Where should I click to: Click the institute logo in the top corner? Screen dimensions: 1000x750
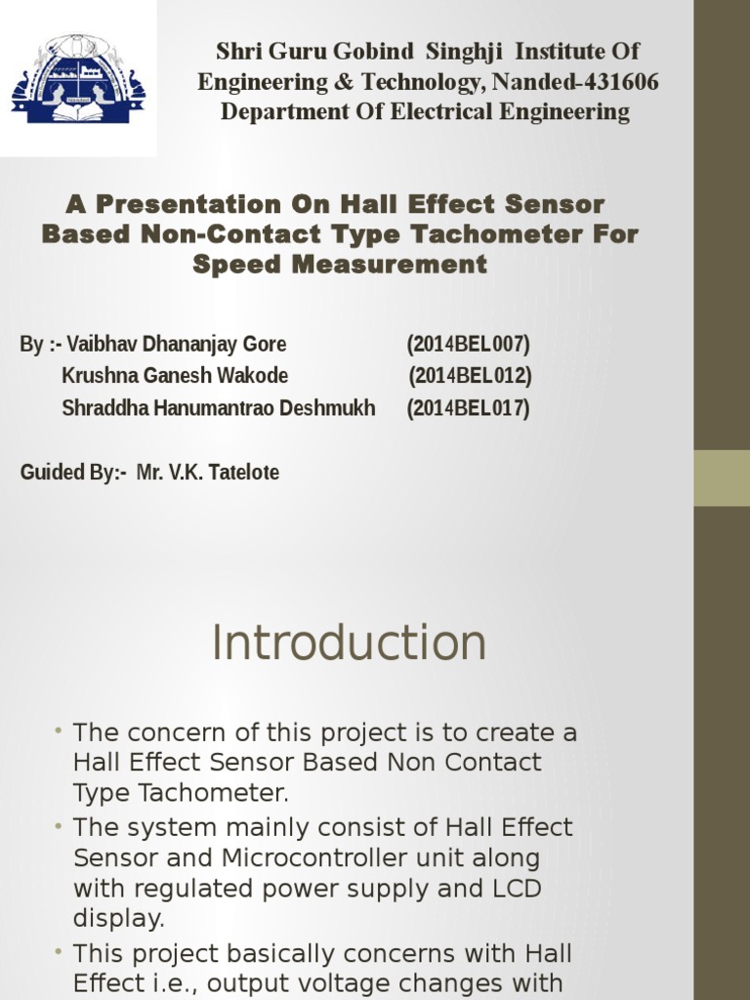(78, 78)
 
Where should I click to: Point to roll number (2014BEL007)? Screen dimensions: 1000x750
(468, 345)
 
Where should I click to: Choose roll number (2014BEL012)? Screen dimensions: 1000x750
(470, 376)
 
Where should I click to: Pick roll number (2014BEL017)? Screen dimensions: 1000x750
(468, 408)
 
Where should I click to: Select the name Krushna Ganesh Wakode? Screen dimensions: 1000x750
(175, 376)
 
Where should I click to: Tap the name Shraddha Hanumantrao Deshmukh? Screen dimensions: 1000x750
(218, 408)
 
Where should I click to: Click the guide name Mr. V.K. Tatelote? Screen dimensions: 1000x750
(208, 473)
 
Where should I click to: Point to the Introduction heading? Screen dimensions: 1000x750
(349, 644)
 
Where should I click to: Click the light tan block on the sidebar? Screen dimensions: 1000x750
(722, 478)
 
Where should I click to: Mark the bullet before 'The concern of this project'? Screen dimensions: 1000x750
(61, 731)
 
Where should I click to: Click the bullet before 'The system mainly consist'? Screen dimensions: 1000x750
(61, 826)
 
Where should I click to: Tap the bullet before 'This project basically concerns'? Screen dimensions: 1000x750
(61, 952)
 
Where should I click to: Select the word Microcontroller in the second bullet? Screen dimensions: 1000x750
(305, 857)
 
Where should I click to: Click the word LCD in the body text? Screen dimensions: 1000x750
(519, 888)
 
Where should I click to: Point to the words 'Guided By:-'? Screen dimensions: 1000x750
(73, 473)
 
